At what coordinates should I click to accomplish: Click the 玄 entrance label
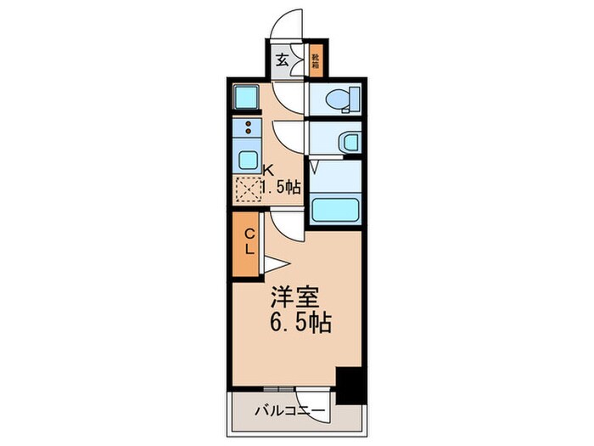(x=281, y=60)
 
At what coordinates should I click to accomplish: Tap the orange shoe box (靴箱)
(x=315, y=60)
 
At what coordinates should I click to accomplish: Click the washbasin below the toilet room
(x=348, y=142)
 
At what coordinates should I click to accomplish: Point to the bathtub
(x=334, y=210)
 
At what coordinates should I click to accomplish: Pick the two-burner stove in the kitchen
(x=248, y=128)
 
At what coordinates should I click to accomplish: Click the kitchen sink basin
(x=247, y=160)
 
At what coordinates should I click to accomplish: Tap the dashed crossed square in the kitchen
(x=248, y=189)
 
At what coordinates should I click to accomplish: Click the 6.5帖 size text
(x=299, y=323)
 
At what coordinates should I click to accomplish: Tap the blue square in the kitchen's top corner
(x=246, y=99)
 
